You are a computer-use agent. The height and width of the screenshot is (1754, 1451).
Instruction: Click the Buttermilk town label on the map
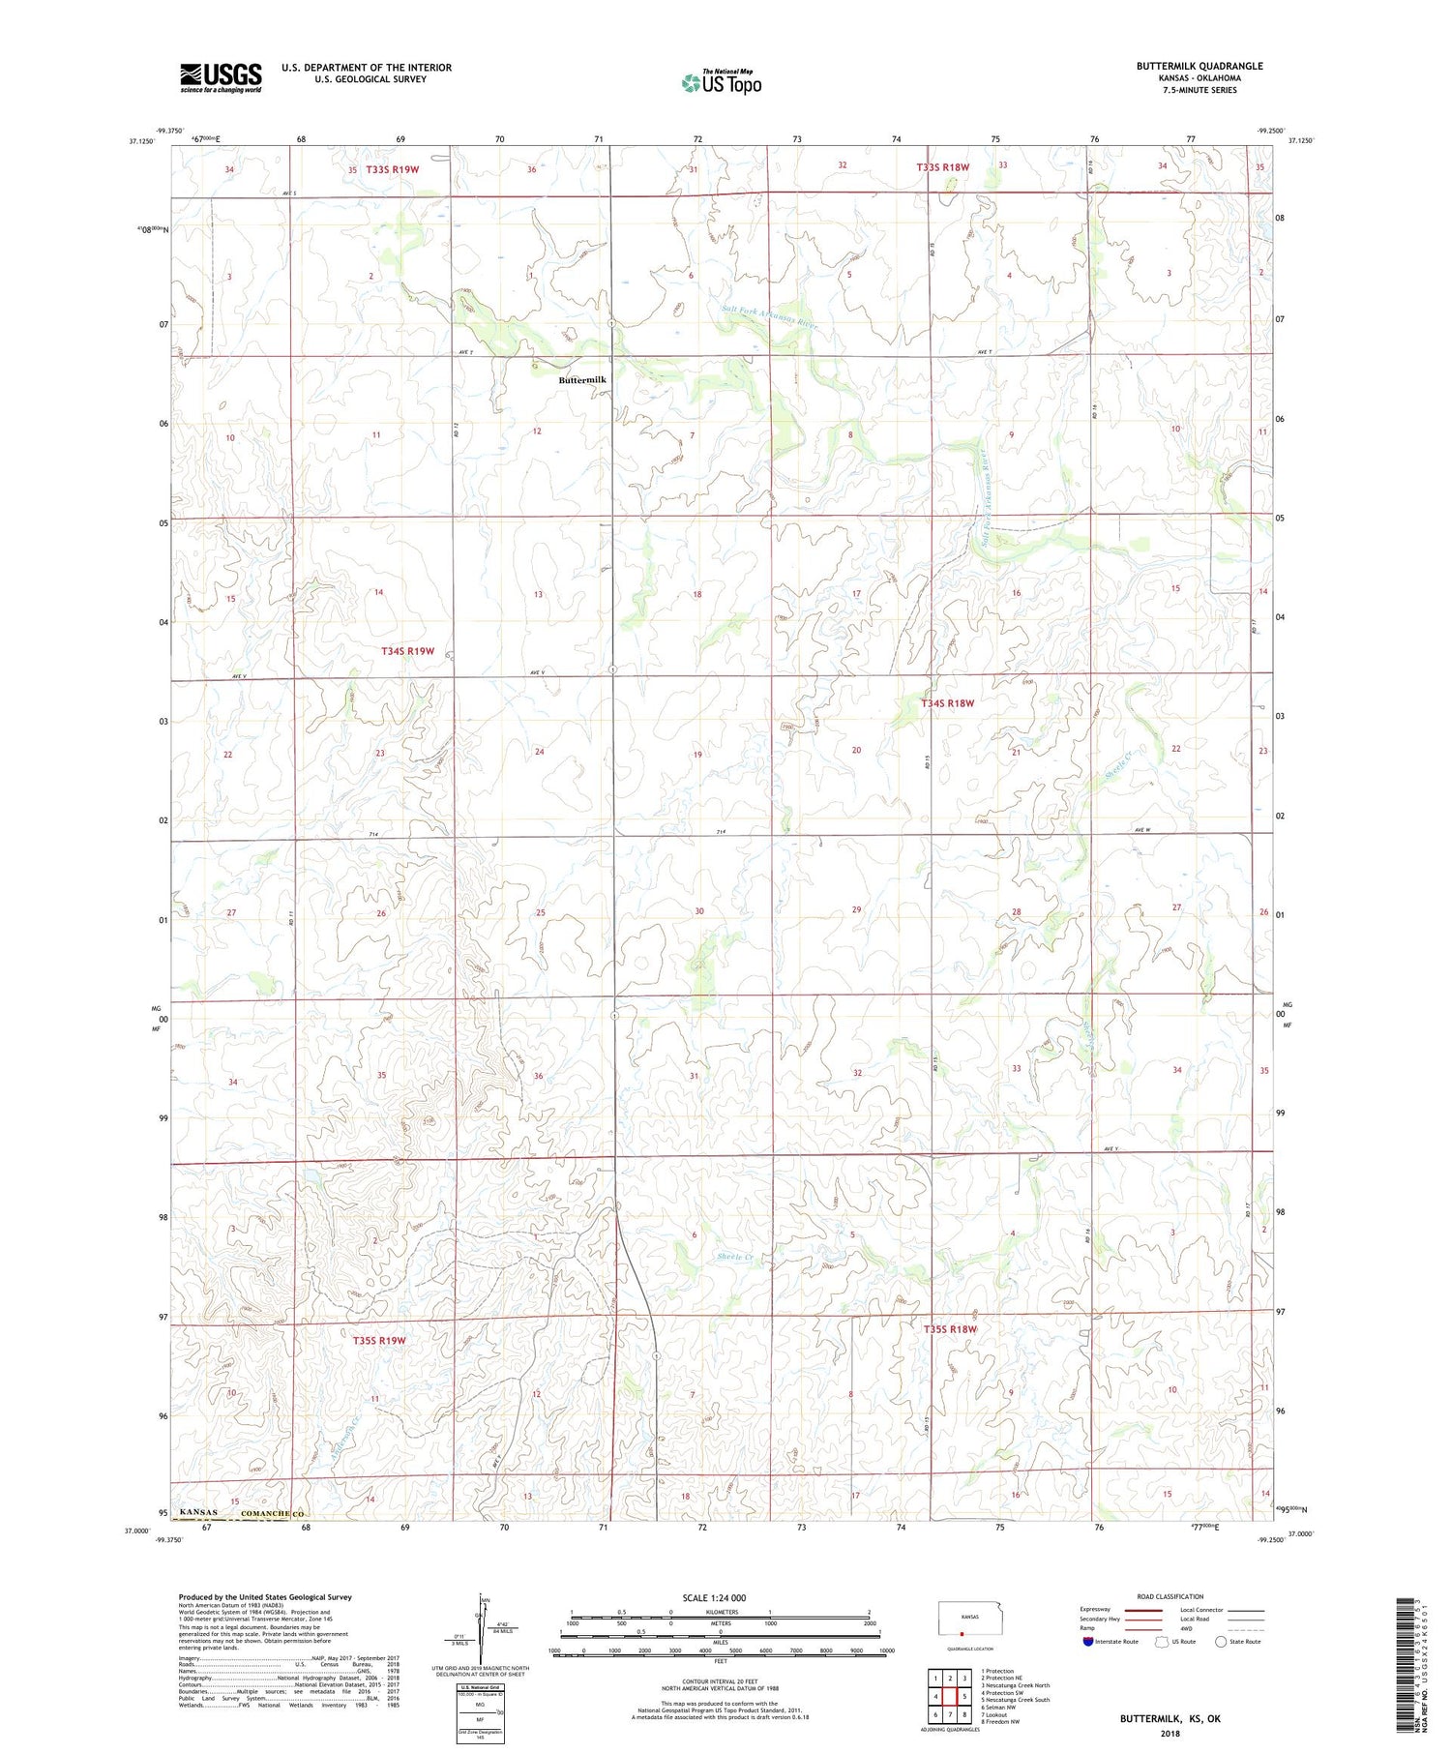click(x=582, y=380)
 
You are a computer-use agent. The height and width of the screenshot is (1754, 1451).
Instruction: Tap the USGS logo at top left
click(x=221, y=77)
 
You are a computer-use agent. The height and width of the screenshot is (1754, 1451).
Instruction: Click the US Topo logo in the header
click(x=721, y=82)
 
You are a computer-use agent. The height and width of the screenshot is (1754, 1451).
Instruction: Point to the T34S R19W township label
click(x=407, y=651)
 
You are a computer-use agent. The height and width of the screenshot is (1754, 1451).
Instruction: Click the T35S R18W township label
click(x=950, y=1329)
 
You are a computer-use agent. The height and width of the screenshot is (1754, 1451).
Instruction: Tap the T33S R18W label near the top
click(x=942, y=167)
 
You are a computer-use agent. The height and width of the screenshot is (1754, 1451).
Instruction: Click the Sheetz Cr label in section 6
click(x=735, y=1258)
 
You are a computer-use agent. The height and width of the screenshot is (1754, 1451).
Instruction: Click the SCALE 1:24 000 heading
click(x=713, y=1597)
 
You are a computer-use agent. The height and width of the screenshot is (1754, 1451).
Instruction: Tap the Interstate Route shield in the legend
click(x=1088, y=1642)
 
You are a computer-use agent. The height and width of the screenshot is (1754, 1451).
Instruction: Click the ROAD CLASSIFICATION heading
click(x=1170, y=1597)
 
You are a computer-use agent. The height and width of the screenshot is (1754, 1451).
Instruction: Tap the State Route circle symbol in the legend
click(x=1221, y=1642)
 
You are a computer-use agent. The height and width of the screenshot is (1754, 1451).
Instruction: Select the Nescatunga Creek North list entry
click(x=1015, y=1685)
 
